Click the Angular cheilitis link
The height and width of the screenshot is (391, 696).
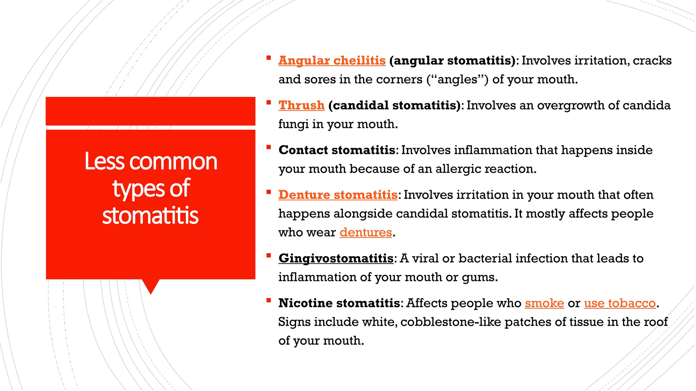tap(332, 61)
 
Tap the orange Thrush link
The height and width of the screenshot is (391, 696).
tap(301, 106)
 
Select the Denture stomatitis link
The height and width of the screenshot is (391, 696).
tap(338, 195)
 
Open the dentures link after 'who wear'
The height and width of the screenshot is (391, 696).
tap(366, 232)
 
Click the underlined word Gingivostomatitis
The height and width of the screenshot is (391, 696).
tap(336, 259)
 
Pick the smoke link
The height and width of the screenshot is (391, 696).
tap(544, 303)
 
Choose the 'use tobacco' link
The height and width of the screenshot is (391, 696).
tap(620, 303)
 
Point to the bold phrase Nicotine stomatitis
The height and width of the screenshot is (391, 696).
tap(339, 303)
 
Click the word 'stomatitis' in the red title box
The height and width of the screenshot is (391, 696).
tap(150, 216)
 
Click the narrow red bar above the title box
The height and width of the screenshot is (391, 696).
tap(150, 111)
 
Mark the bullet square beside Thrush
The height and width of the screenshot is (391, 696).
tap(268, 103)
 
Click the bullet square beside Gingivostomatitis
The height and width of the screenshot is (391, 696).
tap(268, 256)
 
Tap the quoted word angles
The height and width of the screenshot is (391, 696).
tap(457, 79)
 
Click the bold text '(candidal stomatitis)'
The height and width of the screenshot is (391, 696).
tap(394, 106)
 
